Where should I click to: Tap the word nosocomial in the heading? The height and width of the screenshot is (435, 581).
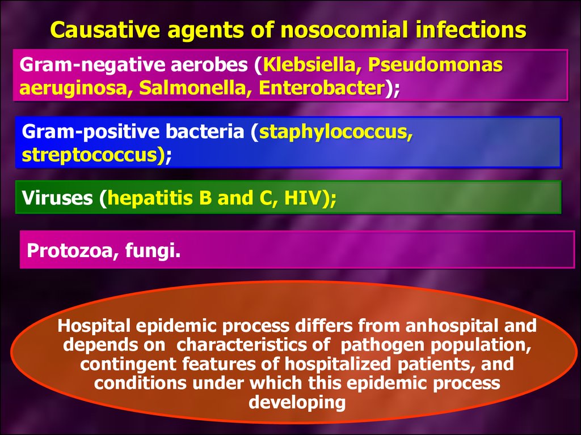click(x=342, y=29)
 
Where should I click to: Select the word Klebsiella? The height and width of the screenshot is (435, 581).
click(x=309, y=65)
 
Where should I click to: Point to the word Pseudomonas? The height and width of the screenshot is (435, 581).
click(x=435, y=65)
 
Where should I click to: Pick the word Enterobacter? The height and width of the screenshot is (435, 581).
click(x=322, y=88)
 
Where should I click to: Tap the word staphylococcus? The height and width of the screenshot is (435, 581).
click(x=335, y=133)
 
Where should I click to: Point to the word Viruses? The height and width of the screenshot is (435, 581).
click(x=57, y=198)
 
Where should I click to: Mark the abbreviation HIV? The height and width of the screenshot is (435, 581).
click(x=302, y=198)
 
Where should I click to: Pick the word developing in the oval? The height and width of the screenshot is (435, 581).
click(x=297, y=403)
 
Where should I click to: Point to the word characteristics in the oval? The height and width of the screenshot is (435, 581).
click(x=253, y=345)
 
